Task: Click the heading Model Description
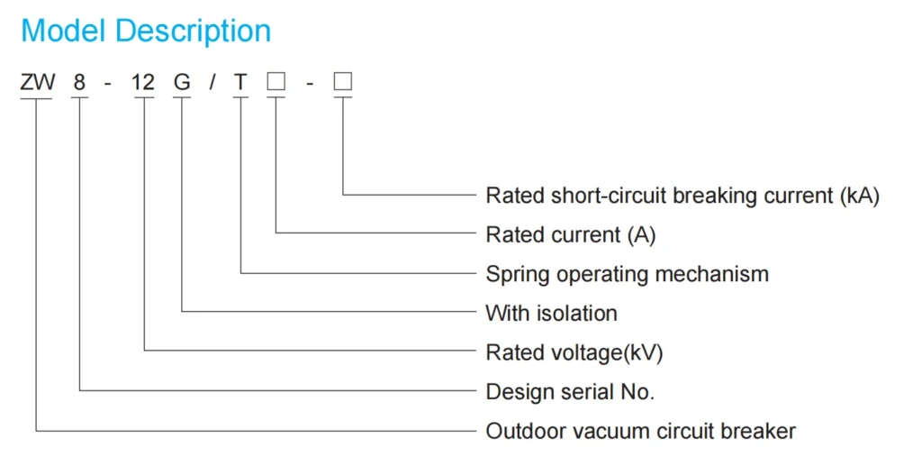[x=146, y=31]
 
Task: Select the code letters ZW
[x=38, y=83]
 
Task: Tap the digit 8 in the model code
[x=80, y=83]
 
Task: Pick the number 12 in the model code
[x=143, y=83]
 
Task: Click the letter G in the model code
[x=182, y=83]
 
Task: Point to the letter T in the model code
[x=240, y=83]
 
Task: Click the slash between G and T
[x=212, y=83]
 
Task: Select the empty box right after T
[x=276, y=82]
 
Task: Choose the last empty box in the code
[x=343, y=82]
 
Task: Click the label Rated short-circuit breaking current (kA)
[x=682, y=196]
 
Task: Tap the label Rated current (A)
[x=571, y=235]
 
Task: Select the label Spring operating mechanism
[x=627, y=274]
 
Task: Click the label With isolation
[x=551, y=314]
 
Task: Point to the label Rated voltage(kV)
[x=574, y=352]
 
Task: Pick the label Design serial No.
[x=570, y=392]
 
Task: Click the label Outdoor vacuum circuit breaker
[x=640, y=431]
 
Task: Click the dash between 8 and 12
[x=108, y=84]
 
